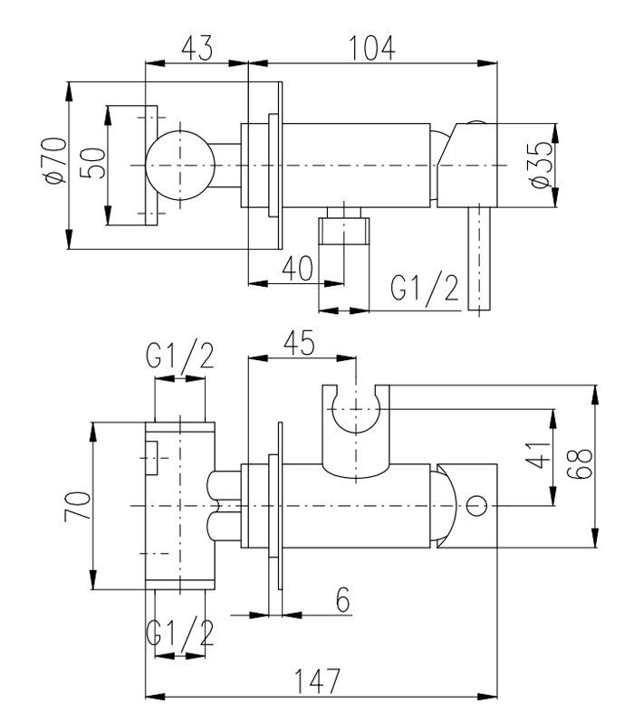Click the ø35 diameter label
pyautogui.click(x=541, y=166)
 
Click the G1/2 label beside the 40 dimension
pyautogui.click(x=426, y=290)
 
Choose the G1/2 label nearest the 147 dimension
pyautogui.click(x=181, y=632)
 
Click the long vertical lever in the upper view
pyautogui.click(x=478, y=258)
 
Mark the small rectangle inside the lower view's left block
pyautogui.click(x=151, y=452)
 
